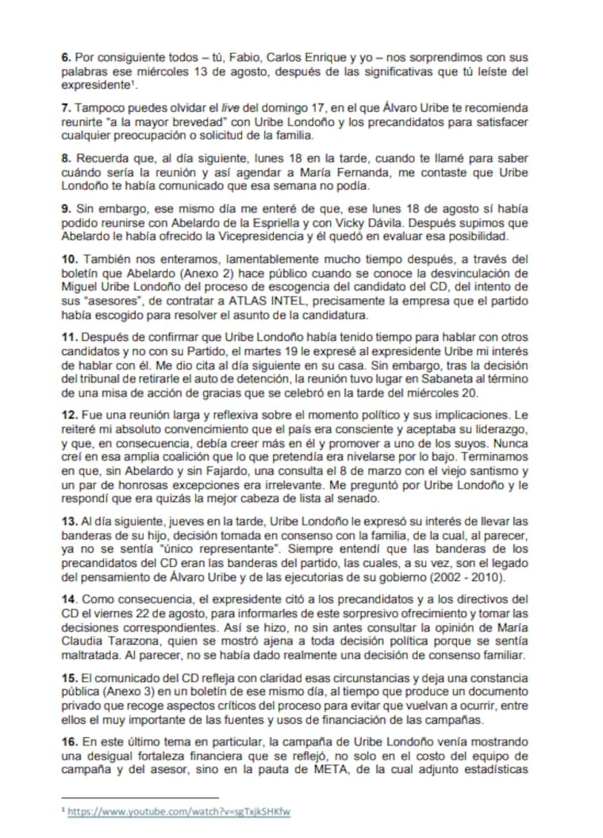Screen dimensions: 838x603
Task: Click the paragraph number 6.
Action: click(66, 58)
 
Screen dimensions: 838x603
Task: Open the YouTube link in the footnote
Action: click(179, 813)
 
